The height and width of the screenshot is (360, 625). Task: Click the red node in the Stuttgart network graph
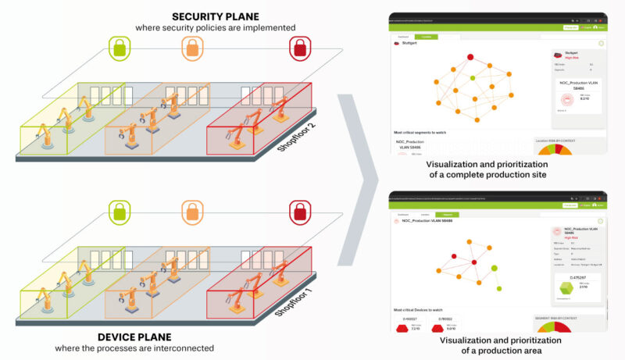(x=470, y=57)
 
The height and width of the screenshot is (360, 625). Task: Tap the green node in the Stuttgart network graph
(x=471, y=77)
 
